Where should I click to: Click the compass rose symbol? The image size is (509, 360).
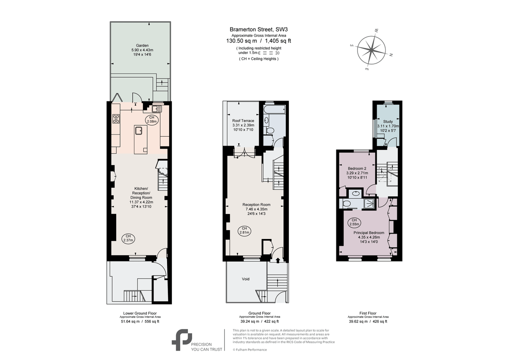tap(371, 50)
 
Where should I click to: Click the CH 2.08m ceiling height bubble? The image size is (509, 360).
tap(151, 119)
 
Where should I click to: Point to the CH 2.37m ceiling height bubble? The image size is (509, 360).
tap(128, 238)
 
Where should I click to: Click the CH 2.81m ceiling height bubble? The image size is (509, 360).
tap(244, 231)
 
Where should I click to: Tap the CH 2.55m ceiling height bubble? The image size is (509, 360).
tap(354, 222)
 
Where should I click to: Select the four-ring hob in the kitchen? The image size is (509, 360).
tap(115, 119)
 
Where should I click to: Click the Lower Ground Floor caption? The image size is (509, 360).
tap(139, 313)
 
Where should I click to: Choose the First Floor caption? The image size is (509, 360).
tap(368, 313)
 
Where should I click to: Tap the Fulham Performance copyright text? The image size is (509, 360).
tap(250, 349)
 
